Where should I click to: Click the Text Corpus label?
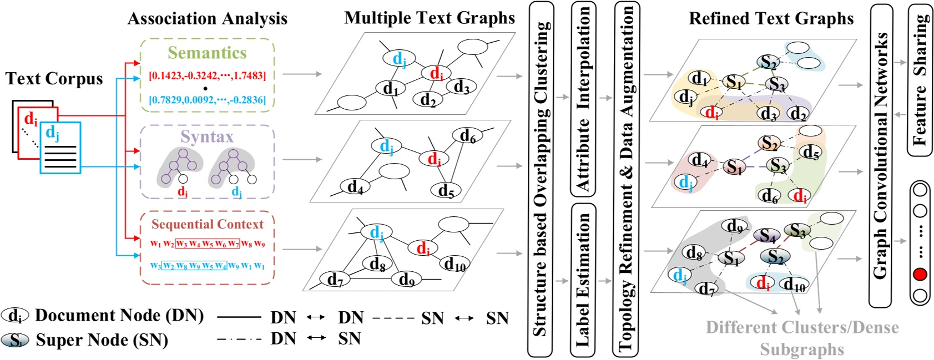pyautogui.click(x=54, y=79)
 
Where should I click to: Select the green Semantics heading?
pyautogui.click(x=207, y=53)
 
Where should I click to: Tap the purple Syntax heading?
pyautogui.click(x=207, y=136)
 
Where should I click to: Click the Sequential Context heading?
pyautogui.click(x=208, y=224)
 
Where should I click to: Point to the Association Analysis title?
pyautogui.click(x=208, y=18)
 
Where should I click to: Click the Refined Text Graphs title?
pyautogui.click(x=771, y=18)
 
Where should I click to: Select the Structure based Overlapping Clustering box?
pyautogui.click(x=541, y=179)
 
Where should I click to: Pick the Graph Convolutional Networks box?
pyautogui.click(x=881, y=155)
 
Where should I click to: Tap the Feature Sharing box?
pyautogui.click(x=920, y=80)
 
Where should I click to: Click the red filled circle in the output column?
pyautogui.click(x=920, y=274)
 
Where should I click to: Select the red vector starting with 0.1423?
pyautogui.click(x=207, y=75)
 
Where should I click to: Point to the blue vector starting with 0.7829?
pyautogui.click(x=207, y=100)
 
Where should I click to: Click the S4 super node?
pyautogui.click(x=768, y=236)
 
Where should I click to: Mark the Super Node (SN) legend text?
pyautogui.click(x=102, y=340)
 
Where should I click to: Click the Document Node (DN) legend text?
pyautogui.click(x=119, y=316)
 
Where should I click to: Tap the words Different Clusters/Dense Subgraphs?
pyautogui.click(x=802, y=338)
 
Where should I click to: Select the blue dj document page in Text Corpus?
pyautogui.click(x=60, y=148)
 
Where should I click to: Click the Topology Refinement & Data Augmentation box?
pyautogui.click(x=627, y=179)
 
